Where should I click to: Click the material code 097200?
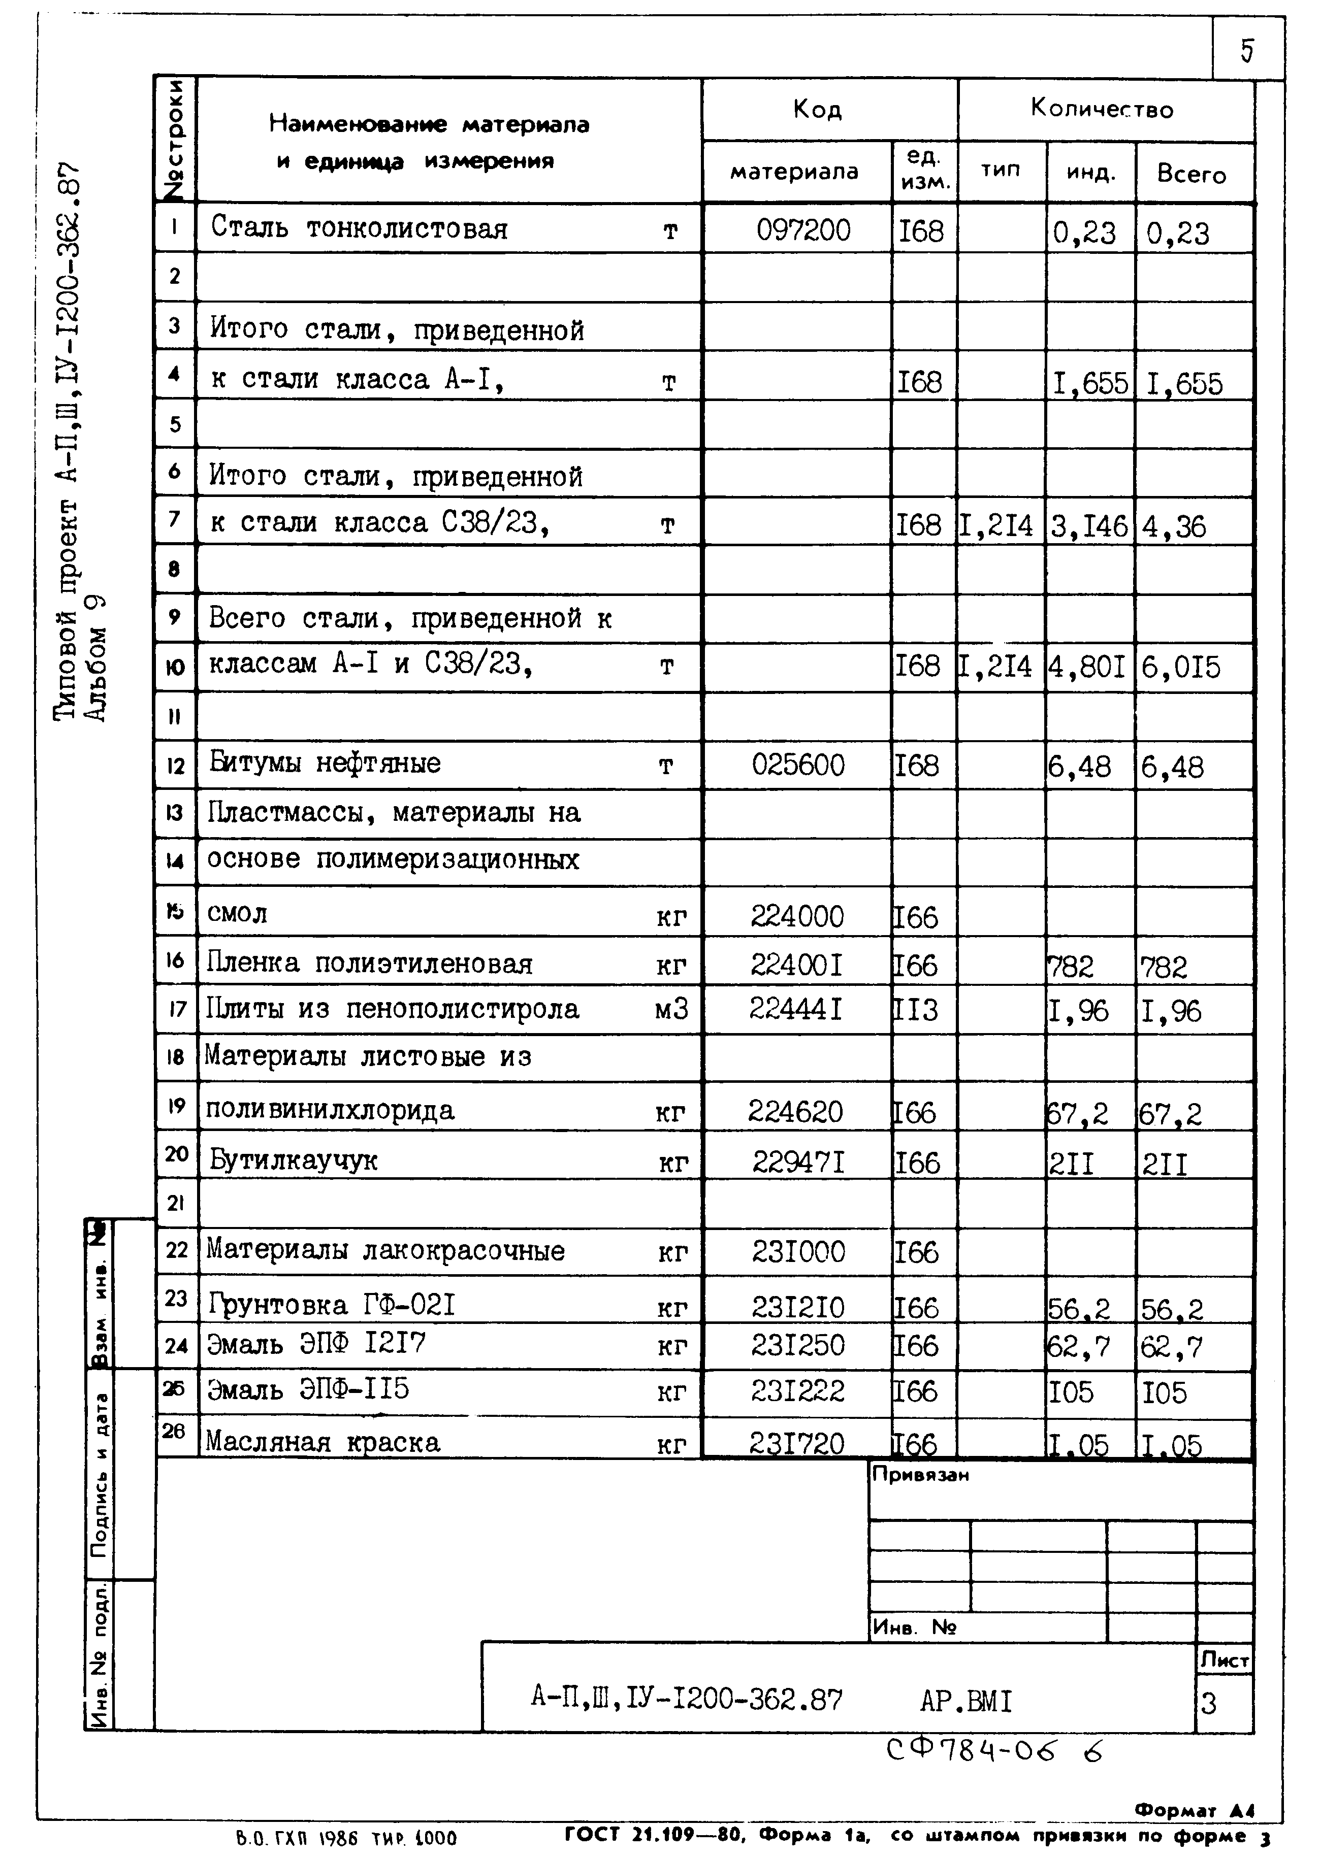(803, 231)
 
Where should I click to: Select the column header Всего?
(1191, 175)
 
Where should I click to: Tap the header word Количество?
(1102, 108)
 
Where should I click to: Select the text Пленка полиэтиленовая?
(369, 964)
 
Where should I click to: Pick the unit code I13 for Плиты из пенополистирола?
(916, 1010)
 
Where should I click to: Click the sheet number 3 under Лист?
(1209, 1703)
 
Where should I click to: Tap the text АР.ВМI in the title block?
(965, 1701)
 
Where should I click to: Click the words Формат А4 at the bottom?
(1194, 1810)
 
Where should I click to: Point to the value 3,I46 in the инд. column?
(1088, 526)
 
